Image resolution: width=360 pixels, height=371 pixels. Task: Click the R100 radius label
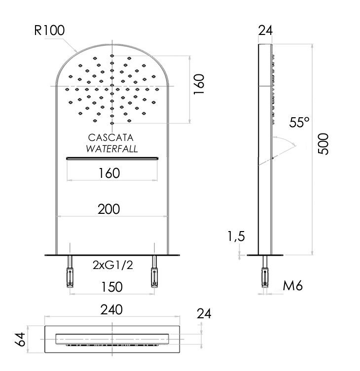[49, 30]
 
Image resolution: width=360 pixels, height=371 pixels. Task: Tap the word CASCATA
[110, 137]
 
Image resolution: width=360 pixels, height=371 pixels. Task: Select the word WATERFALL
[112, 149]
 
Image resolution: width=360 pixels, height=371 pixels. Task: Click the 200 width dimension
[108, 209]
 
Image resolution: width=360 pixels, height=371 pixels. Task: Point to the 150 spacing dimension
[112, 287]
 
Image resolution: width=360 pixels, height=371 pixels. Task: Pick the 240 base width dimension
[111, 310]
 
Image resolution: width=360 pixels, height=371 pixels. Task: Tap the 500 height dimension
[324, 144]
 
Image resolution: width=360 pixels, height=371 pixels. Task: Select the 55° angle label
[299, 122]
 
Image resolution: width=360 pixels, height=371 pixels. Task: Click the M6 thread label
[293, 286]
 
